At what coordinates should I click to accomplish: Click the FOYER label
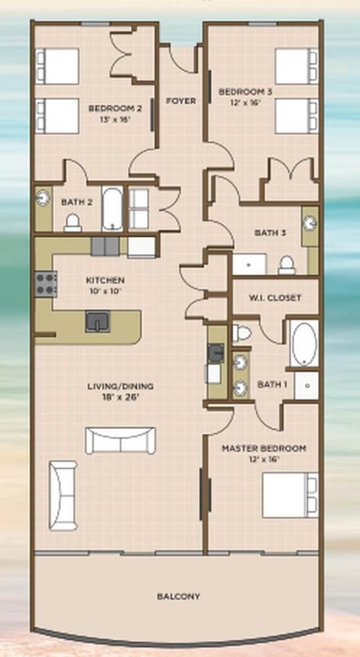click(x=181, y=101)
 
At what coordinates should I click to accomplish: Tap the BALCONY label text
click(x=179, y=596)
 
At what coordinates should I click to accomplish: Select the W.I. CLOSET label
click(x=275, y=298)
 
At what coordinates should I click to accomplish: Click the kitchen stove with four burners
click(x=46, y=284)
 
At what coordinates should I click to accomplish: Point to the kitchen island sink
click(x=98, y=321)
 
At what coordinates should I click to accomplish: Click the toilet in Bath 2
click(x=72, y=223)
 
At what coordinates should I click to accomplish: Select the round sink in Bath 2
click(x=43, y=198)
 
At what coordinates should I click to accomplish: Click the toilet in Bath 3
click(x=287, y=265)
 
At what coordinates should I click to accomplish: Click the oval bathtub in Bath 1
click(x=304, y=344)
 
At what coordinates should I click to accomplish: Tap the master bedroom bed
click(x=290, y=495)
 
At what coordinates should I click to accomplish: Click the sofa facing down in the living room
click(x=120, y=440)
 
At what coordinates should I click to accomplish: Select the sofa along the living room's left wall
click(x=63, y=495)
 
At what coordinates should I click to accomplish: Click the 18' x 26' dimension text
click(x=120, y=396)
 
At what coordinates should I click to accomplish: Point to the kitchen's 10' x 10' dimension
click(x=104, y=290)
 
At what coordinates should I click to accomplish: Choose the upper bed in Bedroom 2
click(x=57, y=66)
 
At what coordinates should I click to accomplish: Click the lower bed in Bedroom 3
click(x=297, y=116)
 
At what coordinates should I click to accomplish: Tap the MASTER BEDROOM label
click(x=263, y=448)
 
